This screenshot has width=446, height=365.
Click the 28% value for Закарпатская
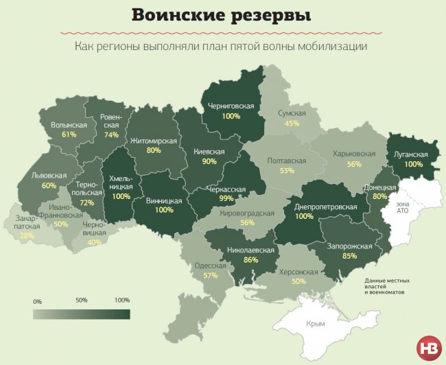click(x=27, y=235)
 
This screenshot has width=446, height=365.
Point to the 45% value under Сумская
click(x=292, y=123)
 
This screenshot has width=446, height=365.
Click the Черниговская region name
click(x=231, y=106)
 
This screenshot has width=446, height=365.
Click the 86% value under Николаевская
click(x=250, y=261)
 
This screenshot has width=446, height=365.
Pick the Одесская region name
click(x=211, y=266)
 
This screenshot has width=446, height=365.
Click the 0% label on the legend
click(x=37, y=301)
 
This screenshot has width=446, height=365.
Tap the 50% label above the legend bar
click(x=82, y=301)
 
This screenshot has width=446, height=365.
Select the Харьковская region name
click(x=354, y=154)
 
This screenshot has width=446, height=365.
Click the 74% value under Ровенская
click(x=111, y=135)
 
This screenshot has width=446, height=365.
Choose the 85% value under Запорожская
click(x=349, y=257)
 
